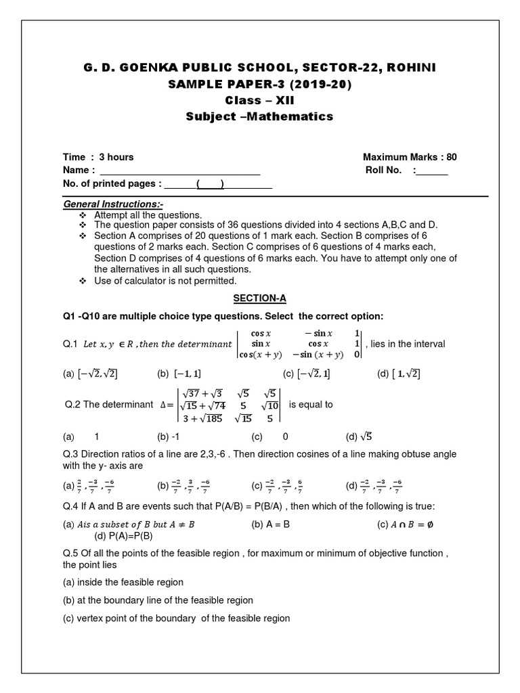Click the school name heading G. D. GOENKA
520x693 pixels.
tap(259, 68)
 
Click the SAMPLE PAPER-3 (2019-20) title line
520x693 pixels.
tap(259, 84)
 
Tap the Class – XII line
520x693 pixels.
tap(259, 100)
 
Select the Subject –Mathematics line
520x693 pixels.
tap(259, 116)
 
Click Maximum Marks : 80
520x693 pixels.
tap(410, 157)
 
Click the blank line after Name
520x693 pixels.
tap(179, 171)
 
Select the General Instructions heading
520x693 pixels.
tap(113, 204)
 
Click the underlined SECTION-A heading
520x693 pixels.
tap(259, 298)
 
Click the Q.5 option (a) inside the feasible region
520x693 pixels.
tap(123, 582)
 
